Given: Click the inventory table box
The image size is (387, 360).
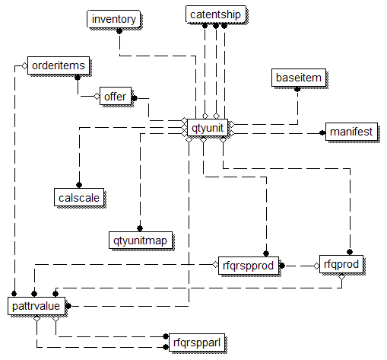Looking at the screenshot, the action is coord(113,19).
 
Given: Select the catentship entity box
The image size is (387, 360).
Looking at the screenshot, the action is coord(216,14).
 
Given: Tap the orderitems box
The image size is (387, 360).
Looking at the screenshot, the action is coord(59,65).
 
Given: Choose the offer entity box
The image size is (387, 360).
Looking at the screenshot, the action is coord(116,96).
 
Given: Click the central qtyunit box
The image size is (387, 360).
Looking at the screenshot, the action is coord(208,128).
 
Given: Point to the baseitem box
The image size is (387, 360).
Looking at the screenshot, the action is coord(299,78).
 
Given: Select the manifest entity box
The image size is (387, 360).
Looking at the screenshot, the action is coord(351,132).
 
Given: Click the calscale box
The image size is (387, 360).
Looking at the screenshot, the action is coord(79,197).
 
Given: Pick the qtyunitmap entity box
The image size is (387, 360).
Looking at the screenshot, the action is coord(141,241).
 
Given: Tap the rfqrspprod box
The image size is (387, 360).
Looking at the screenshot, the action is coord(249,266).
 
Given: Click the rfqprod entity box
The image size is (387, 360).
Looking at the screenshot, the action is coord(341,264).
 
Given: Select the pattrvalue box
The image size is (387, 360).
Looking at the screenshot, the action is coord(36,306).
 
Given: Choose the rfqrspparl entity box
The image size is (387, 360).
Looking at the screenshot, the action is coord(197,342).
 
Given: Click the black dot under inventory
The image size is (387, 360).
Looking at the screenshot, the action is coord(119,31).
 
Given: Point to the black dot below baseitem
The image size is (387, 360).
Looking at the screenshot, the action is coord(297,89).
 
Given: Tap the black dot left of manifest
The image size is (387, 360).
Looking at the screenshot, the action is coord(322,132).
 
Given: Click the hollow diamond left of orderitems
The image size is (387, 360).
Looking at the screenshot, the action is coord(24,66).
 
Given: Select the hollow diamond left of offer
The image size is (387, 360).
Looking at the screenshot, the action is coord(97,97).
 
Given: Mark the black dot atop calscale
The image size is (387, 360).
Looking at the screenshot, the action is coord(79,185).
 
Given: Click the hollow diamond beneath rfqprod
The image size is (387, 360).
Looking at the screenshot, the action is coord(341,276).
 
